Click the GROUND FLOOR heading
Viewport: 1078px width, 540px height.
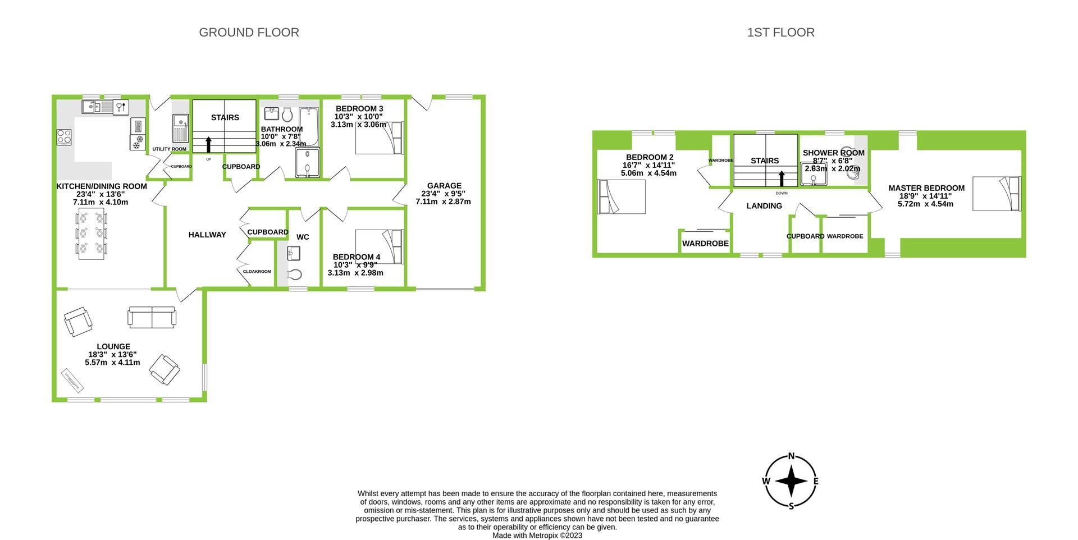click(249, 33)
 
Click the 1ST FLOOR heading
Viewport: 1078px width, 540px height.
click(780, 33)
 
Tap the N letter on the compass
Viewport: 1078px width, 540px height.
click(792, 456)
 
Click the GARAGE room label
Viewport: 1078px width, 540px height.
click(444, 186)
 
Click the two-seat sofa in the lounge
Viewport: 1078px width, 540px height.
click(152, 317)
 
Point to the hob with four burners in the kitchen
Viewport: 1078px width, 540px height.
click(64, 137)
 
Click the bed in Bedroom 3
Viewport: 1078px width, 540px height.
click(379, 138)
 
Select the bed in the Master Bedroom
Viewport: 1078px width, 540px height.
click(996, 194)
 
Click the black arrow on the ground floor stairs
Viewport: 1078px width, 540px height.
click(208, 145)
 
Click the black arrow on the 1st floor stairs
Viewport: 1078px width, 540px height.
click(781, 179)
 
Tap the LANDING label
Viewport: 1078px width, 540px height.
click(764, 206)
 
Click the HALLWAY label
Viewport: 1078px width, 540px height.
click(207, 235)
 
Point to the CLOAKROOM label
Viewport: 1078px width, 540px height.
click(257, 272)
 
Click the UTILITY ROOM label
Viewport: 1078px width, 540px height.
click(169, 149)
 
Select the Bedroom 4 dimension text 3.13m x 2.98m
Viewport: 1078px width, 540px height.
click(355, 273)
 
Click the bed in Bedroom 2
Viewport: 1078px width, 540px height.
click(622, 196)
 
